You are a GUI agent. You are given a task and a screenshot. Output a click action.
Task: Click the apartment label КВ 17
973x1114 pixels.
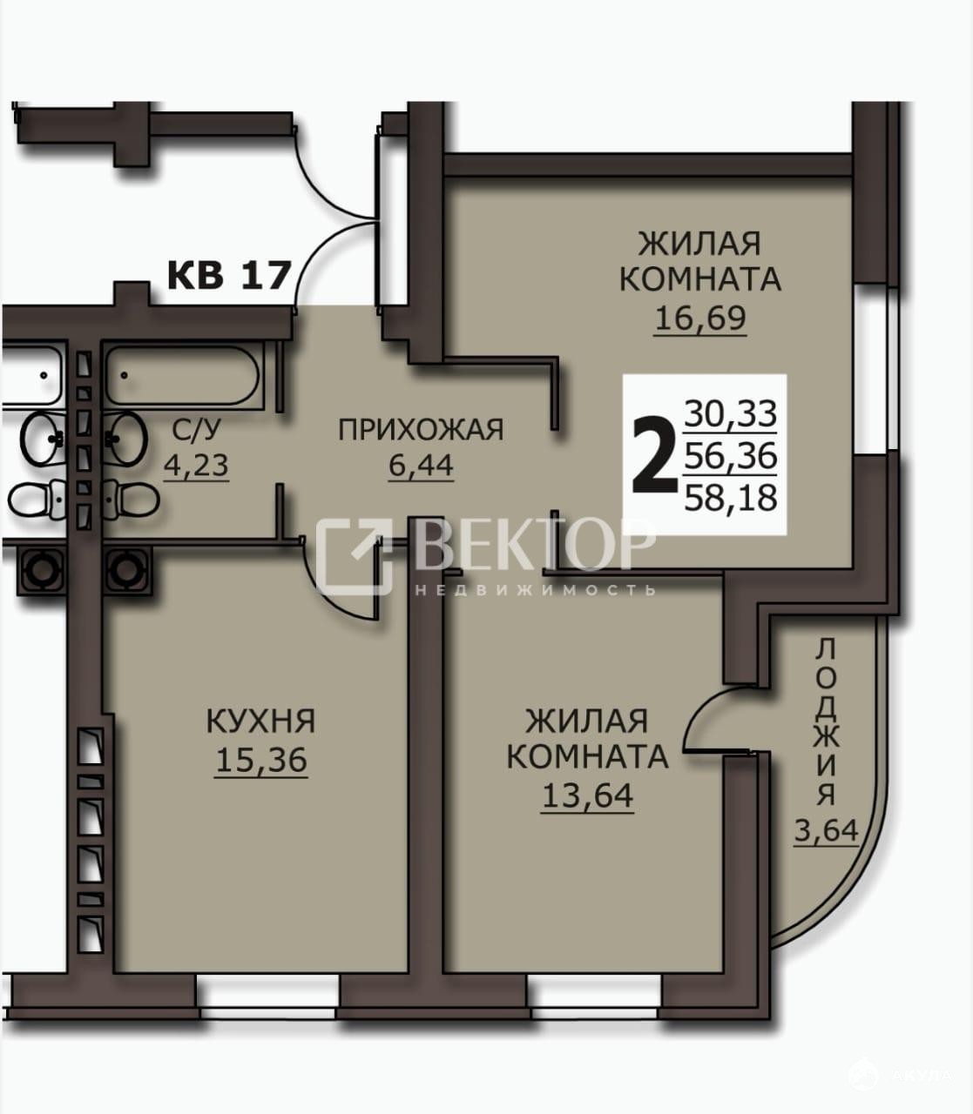(227, 274)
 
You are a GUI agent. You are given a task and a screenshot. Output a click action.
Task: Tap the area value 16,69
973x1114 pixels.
(700, 318)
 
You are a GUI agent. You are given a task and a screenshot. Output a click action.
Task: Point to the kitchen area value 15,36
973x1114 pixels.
(261, 759)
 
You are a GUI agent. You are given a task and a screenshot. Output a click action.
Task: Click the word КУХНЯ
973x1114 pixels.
(261, 721)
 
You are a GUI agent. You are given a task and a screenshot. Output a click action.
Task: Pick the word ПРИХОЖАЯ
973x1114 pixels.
(421, 430)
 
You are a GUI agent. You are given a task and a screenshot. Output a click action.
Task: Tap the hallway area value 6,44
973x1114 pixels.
(421, 465)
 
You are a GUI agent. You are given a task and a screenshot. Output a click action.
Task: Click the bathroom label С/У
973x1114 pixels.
(197, 429)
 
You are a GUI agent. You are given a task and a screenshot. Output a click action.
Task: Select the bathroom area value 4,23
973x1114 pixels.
(196, 466)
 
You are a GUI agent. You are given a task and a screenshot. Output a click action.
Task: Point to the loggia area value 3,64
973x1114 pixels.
(826, 846)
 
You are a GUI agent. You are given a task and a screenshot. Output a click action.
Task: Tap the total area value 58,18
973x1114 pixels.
(731, 498)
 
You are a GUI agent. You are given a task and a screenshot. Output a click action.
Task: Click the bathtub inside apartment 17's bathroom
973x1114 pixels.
(183, 375)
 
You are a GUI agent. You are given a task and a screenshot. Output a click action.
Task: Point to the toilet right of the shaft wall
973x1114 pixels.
(132, 498)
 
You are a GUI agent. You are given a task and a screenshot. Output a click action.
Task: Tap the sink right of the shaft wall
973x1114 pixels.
(126, 438)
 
